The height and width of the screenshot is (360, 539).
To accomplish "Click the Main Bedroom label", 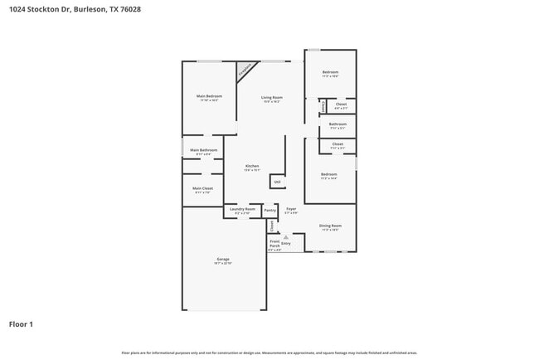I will pyautogui.click(x=209, y=96).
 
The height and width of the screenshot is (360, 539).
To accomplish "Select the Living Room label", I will pyautogui.click(x=272, y=98).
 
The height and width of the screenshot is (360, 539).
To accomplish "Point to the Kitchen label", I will pyautogui.click(x=251, y=166).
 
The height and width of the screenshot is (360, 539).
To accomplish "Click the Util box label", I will pyautogui.click(x=277, y=182).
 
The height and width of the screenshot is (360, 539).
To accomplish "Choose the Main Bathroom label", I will pyautogui.click(x=203, y=150).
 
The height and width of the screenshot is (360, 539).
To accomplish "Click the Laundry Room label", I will pyautogui.click(x=242, y=209).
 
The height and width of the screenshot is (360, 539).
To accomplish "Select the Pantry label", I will pyautogui.click(x=269, y=211).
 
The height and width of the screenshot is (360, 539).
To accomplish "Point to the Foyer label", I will pyautogui.click(x=290, y=209).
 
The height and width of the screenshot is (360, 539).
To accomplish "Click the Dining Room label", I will pyautogui.click(x=330, y=226).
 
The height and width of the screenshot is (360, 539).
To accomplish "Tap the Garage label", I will pyautogui.click(x=223, y=260).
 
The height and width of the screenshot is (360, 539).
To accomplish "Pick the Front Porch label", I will pyautogui.click(x=274, y=243).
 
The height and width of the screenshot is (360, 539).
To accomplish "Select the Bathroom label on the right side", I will pyautogui.click(x=337, y=124).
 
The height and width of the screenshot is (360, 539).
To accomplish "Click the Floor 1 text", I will pyautogui.click(x=21, y=324).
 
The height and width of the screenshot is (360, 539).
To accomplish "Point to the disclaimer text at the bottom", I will pyautogui.click(x=269, y=353).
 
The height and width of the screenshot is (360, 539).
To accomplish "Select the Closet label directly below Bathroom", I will pyautogui.click(x=337, y=144).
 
